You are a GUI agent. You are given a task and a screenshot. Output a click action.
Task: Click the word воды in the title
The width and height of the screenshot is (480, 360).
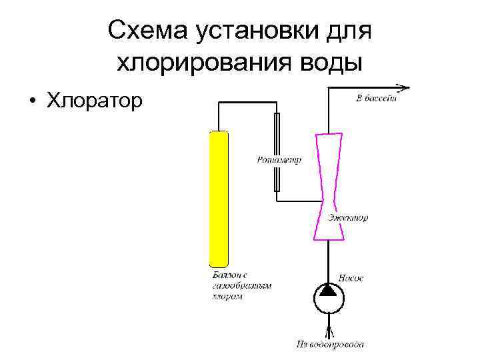pos(331,63)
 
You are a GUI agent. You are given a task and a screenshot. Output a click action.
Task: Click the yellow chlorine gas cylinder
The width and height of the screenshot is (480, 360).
pos(219,198)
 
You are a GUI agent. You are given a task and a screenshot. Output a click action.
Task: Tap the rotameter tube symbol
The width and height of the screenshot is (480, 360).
pos(277,152)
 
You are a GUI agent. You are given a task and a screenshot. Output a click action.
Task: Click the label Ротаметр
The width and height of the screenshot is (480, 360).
pos(279,160)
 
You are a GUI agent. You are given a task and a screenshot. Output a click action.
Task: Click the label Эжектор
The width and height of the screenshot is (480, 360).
pos(348,218)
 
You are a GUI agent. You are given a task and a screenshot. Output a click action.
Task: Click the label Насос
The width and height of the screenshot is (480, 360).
pos(351,277)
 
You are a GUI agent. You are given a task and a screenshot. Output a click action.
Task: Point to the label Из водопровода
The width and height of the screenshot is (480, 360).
pos(330,345)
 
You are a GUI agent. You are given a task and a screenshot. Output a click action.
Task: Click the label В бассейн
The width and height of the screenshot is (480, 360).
pos(377,99)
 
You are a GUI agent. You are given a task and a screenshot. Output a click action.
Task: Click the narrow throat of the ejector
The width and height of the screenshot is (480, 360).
pos(329,200)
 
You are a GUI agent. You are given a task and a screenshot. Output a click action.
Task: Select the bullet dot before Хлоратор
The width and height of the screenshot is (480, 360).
pos(31,101)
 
